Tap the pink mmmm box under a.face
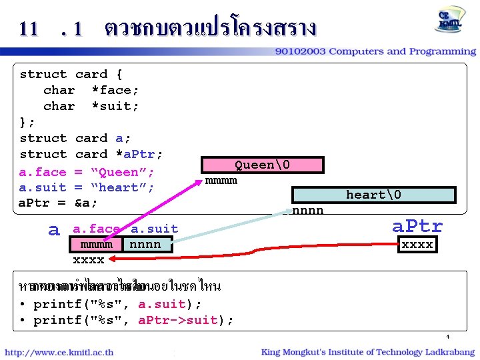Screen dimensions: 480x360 (x=97, y=245)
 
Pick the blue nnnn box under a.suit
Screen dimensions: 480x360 (x=146, y=245)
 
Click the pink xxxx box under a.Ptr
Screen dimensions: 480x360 (x=417, y=245)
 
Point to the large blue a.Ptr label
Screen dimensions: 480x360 (x=417, y=226)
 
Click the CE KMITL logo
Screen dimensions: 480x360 (x=451, y=20)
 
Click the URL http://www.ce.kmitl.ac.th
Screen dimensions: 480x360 (x=59, y=352)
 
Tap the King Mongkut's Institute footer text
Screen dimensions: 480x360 (x=367, y=351)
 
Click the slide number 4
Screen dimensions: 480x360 (x=449, y=337)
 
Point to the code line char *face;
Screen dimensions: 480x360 (x=91, y=90)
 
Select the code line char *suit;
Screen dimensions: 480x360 (x=91, y=106)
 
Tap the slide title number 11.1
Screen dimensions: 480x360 (x=51, y=29)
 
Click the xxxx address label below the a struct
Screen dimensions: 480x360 (x=88, y=259)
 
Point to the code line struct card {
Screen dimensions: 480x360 (x=71, y=74)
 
